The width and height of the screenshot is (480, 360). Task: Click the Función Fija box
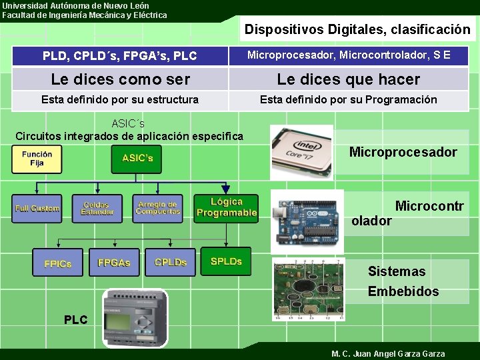37,159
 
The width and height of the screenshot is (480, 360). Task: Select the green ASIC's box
137,159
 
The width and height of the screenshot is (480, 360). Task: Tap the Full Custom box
37,209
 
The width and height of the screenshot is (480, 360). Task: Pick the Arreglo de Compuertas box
157,208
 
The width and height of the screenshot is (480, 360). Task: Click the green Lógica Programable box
226,207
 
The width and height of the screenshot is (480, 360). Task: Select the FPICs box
58,263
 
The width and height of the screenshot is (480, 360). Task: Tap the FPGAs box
114,263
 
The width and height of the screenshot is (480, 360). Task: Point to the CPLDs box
171,262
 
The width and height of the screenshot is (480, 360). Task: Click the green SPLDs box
226,261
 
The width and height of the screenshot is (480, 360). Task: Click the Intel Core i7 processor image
301,153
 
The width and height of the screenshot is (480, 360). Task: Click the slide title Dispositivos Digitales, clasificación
357,29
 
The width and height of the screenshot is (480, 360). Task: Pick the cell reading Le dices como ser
121,80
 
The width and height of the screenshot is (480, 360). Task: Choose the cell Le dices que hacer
349,80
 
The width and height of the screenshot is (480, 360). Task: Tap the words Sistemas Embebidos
403,281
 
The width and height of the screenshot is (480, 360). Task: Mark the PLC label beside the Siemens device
75,320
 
